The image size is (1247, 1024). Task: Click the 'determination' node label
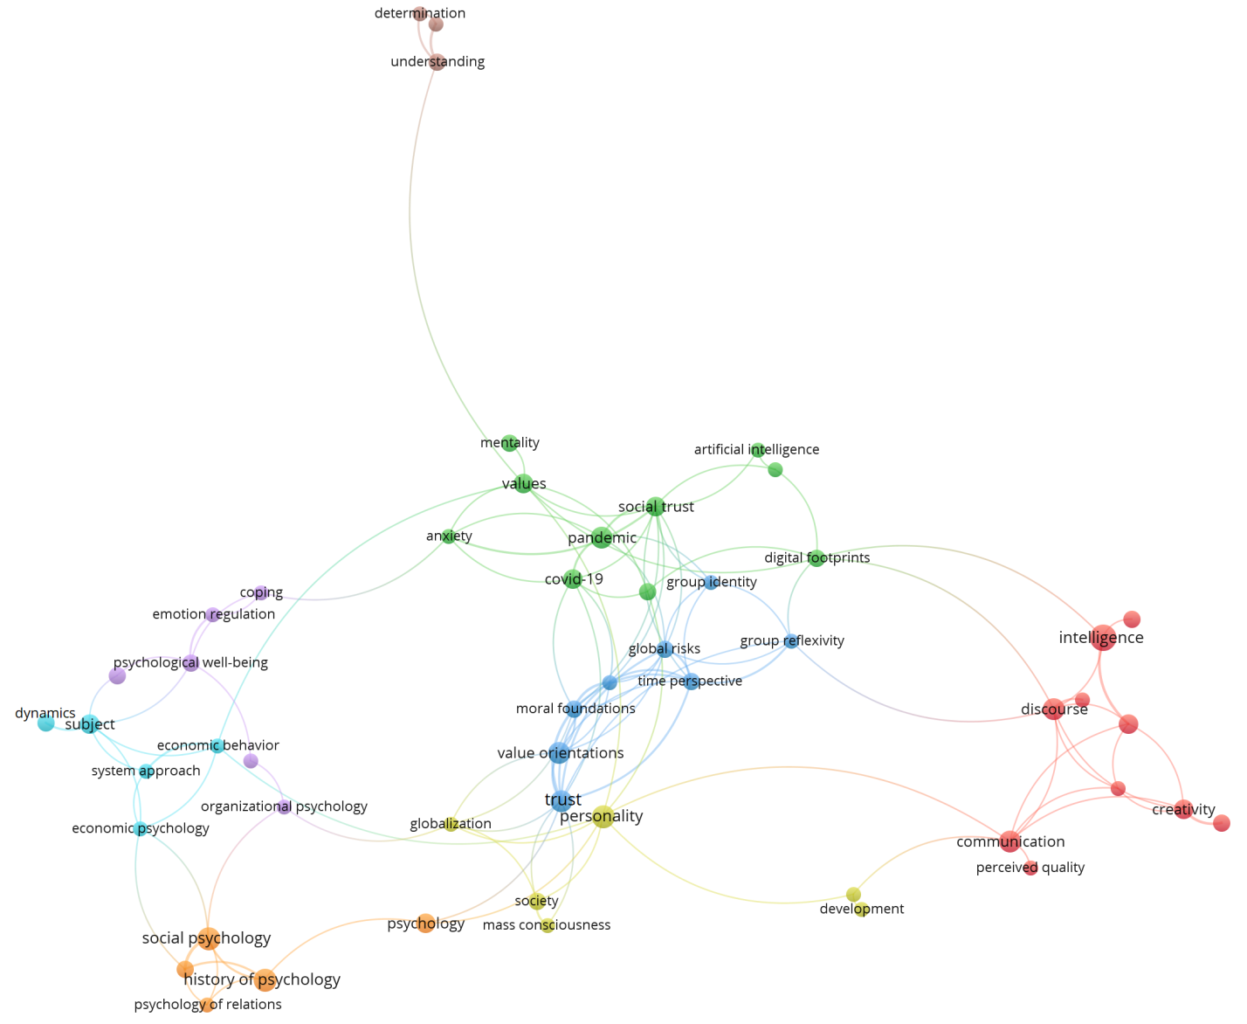click(x=419, y=13)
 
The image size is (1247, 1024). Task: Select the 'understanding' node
click(x=437, y=62)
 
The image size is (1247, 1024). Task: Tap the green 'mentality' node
click(x=510, y=444)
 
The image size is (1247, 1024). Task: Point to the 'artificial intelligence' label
click(x=756, y=450)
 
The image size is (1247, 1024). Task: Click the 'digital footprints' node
click(x=816, y=558)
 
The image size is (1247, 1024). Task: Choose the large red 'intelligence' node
click(x=1103, y=638)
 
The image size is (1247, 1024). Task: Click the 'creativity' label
click(x=1183, y=810)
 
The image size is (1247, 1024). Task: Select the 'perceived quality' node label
click(x=1030, y=868)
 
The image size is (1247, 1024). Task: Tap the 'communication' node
click(x=1009, y=841)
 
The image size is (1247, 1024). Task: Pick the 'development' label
click(x=862, y=910)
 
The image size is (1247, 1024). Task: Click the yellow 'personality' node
click(x=603, y=817)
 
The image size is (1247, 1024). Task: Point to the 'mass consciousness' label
click(x=547, y=925)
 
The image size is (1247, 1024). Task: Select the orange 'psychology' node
click(x=425, y=924)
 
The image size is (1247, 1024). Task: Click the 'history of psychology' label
click(x=262, y=980)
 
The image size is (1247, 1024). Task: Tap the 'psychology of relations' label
click(x=208, y=1005)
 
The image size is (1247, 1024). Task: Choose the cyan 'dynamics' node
click(x=46, y=723)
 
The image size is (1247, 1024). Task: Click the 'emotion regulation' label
click(x=214, y=614)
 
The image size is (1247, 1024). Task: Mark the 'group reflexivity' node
click(x=791, y=641)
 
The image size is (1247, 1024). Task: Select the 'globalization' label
click(x=451, y=824)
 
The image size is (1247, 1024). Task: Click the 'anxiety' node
click(x=449, y=536)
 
